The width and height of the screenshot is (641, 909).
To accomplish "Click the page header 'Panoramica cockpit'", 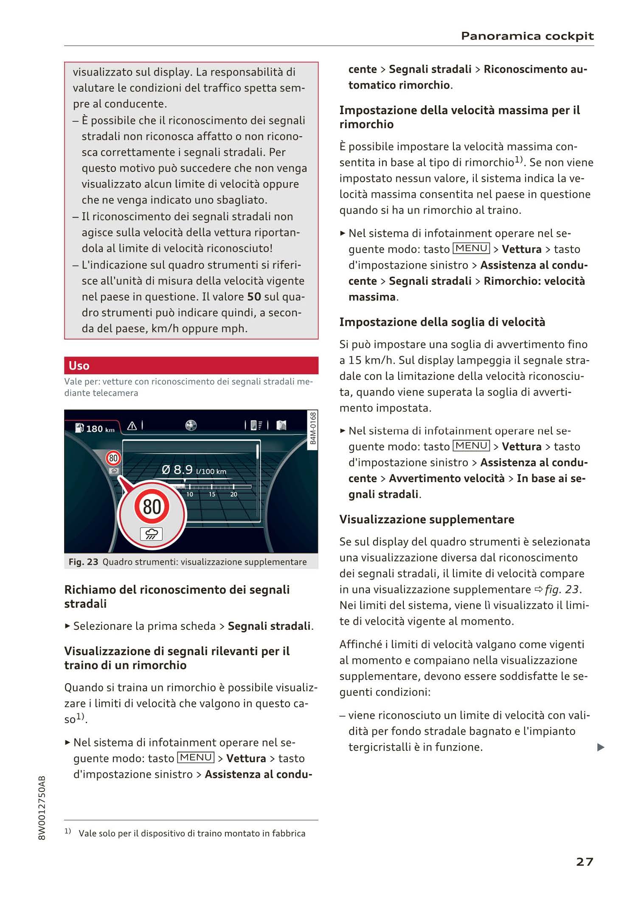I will (x=527, y=36).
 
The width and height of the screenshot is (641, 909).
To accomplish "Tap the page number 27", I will (x=585, y=861).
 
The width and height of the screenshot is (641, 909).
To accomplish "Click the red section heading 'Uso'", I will (x=79, y=365).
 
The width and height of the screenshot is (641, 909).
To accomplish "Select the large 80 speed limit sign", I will (x=152, y=507).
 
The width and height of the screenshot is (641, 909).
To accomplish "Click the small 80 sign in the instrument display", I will (x=113, y=458).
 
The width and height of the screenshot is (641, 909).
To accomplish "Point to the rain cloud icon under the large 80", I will (x=152, y=534).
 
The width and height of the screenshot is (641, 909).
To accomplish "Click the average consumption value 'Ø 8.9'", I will (x=177, y=470).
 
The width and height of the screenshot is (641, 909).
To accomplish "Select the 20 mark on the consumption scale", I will (x=233, y=494).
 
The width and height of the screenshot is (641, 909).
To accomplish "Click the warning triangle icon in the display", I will (x=132, y=426).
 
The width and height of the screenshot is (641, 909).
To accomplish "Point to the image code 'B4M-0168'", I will (x=312, y=428).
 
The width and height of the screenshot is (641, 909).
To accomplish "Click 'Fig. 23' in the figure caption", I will (x=83, y=562).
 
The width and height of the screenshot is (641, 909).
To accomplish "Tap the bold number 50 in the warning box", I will (x=254, y=297).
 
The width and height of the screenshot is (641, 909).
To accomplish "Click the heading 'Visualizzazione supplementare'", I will (x=427, y=519).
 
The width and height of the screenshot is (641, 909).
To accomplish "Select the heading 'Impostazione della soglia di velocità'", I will (x=442, y=322).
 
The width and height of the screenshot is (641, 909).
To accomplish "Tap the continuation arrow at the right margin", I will (x=601, y=747).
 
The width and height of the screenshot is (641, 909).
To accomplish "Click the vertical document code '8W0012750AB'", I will (x=42, y=808).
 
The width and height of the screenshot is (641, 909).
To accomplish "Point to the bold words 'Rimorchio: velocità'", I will (x=534, y=281).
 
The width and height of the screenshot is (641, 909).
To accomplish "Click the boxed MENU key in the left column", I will (x=196, y=757).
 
